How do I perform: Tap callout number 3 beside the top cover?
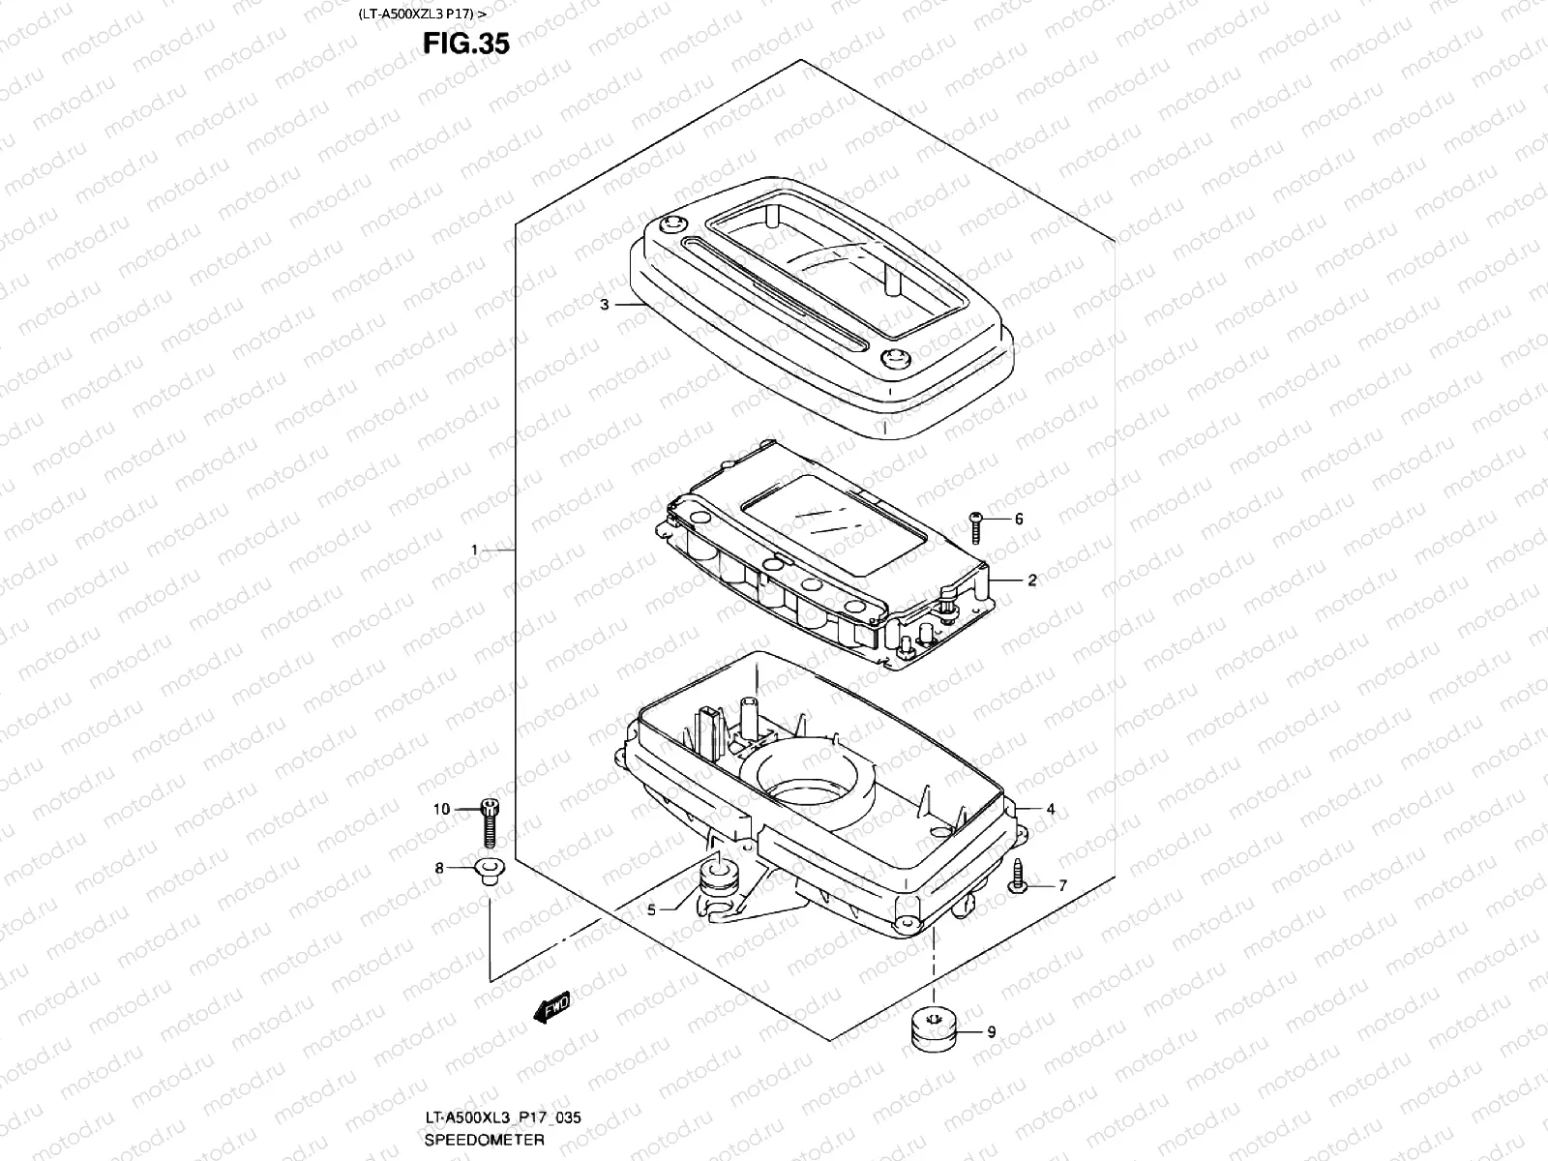[604, 305]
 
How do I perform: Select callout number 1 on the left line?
[475, 551]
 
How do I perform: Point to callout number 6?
[1019, 520]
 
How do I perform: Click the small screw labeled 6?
[976, 527]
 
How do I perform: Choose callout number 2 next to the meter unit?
[1032, 580]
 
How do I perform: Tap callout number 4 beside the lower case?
[1050, 810]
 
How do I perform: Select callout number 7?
[1062, 885]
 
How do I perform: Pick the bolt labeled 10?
[490, 821]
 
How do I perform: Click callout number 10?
[441, 810]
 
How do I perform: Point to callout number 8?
[439, 869]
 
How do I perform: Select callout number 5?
[652, 909]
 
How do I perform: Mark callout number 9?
[992, 1032]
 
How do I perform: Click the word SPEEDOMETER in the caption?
[484, 1142]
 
